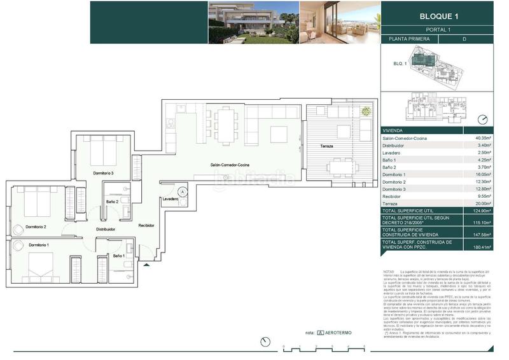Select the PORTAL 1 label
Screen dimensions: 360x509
tap(443, 29)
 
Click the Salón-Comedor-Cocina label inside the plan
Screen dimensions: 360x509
tap(230, 165)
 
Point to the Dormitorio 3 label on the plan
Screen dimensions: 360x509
tap(103, 173)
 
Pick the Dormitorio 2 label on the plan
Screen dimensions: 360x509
tap(36, 226)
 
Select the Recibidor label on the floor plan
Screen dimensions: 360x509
tap(148, 226)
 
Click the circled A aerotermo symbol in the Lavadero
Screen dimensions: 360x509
tap(183, 191)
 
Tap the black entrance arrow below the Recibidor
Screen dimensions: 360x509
tap(147, 265)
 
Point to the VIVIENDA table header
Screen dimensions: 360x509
tap(393, 129)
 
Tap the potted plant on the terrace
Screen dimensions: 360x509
tap(365, 112)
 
